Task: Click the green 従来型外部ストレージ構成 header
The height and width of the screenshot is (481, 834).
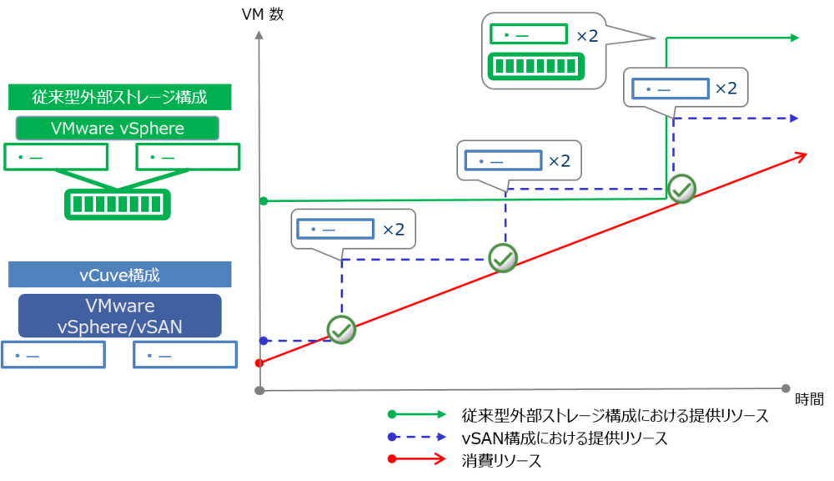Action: tap(119, 97)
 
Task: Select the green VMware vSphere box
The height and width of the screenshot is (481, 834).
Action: tap(118, 129)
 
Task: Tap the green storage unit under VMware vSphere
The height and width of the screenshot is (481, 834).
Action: tap(118, 204)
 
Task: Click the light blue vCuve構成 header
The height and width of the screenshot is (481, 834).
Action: tap(119, 275)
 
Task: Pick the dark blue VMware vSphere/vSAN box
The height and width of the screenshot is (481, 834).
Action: tap(119, 316)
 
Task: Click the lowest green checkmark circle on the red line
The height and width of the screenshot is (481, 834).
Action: tap(341, 330)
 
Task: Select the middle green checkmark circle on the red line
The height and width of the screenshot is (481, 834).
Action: tap(503, 259)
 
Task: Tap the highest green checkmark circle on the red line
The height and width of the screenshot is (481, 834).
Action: tap(682, 189)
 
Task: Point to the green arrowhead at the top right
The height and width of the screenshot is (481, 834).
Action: tap(794, 38)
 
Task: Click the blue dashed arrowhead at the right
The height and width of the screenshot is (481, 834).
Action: tap(793, 119)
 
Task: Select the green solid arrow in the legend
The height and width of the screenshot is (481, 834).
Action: tap(418, 413)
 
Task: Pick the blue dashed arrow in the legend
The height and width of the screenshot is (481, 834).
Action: tap(418, 436)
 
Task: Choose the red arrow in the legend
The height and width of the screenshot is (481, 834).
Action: tap(418, 458)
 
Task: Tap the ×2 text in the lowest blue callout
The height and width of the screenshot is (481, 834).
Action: tap(393, 230)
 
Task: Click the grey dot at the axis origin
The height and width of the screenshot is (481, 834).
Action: tap(260, 390)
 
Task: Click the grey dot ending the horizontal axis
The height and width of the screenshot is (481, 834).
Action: tap(785, 389)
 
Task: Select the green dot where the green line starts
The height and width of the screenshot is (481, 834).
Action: tap(264, 201)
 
